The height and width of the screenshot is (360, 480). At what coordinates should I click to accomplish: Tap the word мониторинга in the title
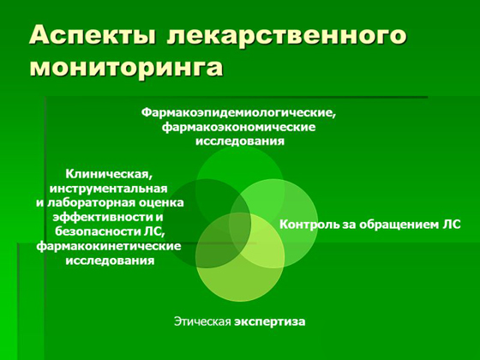point(124,68)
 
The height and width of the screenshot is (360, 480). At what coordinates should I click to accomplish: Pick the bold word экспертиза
point(270,321)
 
